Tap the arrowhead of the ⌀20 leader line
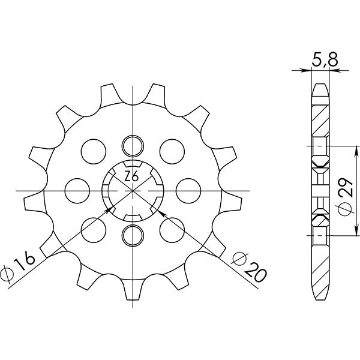click(x=163, y=211)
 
